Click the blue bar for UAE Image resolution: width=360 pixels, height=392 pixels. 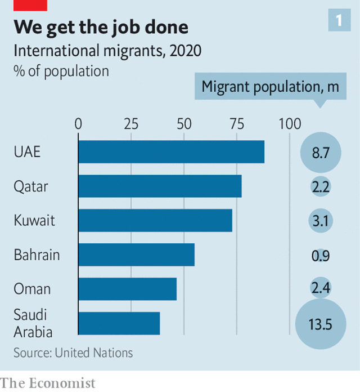click(x=171, y=152)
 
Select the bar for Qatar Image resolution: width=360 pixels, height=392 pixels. click(x=160, y=186)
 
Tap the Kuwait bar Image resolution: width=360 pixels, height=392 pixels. click(x=155, y=220)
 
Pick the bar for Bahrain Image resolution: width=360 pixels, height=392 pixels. click(x=136, y=255)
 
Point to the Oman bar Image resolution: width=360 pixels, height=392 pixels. click(x=127, y=289)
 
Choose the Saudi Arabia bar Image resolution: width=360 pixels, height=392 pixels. click(x=119, y=323)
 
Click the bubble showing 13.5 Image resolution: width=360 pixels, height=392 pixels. click(x=321, y=324)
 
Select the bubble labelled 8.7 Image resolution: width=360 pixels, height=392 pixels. click(x=321, y=153)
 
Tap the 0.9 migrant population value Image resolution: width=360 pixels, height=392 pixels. click(x=321, y=256)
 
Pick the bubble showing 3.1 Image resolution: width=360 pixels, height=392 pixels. click(x=321, y=221)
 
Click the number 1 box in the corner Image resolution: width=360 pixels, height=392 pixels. click(x=339, y=21)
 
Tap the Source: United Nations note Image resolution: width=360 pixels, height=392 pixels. click(x=73, y=353)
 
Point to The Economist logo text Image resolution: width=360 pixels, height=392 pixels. click(x=48, y=383)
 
